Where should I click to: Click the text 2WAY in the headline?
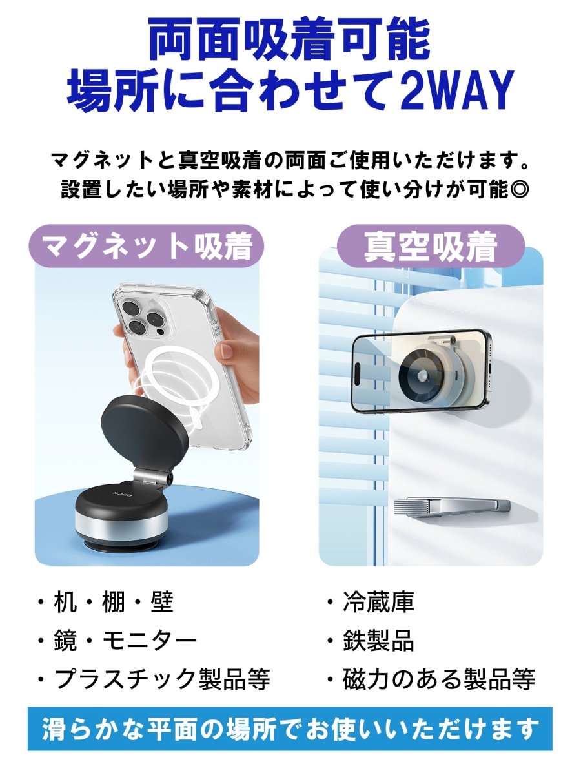457,90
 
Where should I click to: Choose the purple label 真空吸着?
431,246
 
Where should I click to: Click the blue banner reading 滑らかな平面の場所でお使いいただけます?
290,729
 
